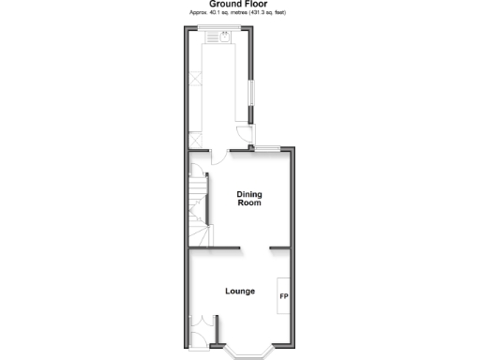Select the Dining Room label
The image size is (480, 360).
tap(249, 198)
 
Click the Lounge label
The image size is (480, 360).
tap(240, 292)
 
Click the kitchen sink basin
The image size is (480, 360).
tap(226, 38)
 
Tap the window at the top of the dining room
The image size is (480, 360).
tap(268, 147)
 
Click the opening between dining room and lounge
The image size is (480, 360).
tap(255, 247)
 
